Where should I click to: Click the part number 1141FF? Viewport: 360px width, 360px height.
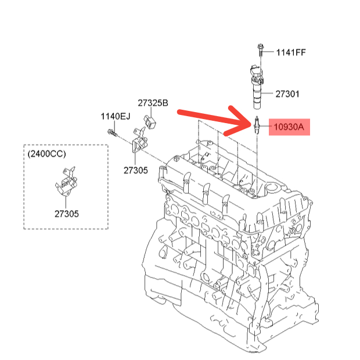[291, 53]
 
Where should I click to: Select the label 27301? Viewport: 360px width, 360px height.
[287, 94]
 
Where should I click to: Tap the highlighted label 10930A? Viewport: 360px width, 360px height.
[289, 127]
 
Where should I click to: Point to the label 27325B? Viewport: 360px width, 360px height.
[153, 103]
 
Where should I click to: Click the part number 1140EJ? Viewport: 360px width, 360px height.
[116, 116]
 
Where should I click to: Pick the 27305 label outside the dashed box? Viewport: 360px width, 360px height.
[136, 170]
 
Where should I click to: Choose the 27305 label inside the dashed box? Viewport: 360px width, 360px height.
[67, 214]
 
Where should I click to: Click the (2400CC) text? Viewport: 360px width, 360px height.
[47, 154]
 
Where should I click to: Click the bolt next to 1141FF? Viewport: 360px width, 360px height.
[260, 50]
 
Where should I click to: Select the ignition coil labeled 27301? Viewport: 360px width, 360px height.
[257, 87]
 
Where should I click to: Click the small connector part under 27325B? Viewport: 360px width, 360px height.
[150, 122]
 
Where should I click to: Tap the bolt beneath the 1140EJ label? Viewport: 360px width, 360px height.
[113, 133]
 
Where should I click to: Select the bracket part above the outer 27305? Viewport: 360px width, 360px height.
[139, 140]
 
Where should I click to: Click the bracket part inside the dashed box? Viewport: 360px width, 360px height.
[67, 182]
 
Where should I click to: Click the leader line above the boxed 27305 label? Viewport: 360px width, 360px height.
[66, 202]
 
